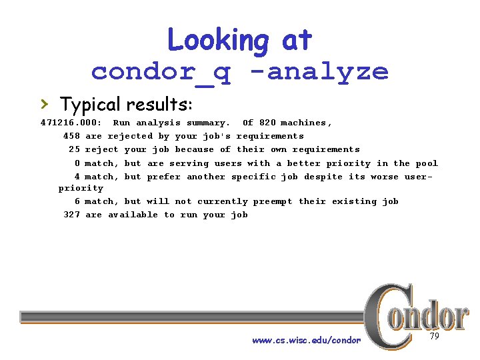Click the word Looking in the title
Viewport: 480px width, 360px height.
(217, 40)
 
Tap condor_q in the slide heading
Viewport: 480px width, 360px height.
(161, 71)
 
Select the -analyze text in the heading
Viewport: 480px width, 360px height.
(327, 71)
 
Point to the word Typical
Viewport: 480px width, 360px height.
(90, 105)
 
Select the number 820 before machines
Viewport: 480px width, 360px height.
(267, 123)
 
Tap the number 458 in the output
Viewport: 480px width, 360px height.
(71, 136)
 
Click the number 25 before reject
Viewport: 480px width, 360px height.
(74, 149)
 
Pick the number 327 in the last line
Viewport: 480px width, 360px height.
(71, 215)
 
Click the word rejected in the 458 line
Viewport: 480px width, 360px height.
(129, 136)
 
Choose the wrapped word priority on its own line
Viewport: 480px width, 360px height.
(81, 188)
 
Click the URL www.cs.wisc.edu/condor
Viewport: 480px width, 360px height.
(306, 340)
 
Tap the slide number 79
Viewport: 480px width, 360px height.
(434, 337)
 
